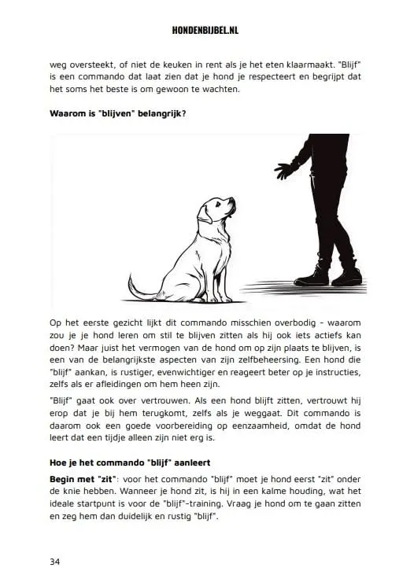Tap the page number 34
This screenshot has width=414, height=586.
pos(55,562)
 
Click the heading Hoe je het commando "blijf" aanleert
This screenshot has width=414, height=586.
pos(133,461)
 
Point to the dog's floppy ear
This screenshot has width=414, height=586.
pos(210,215)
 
